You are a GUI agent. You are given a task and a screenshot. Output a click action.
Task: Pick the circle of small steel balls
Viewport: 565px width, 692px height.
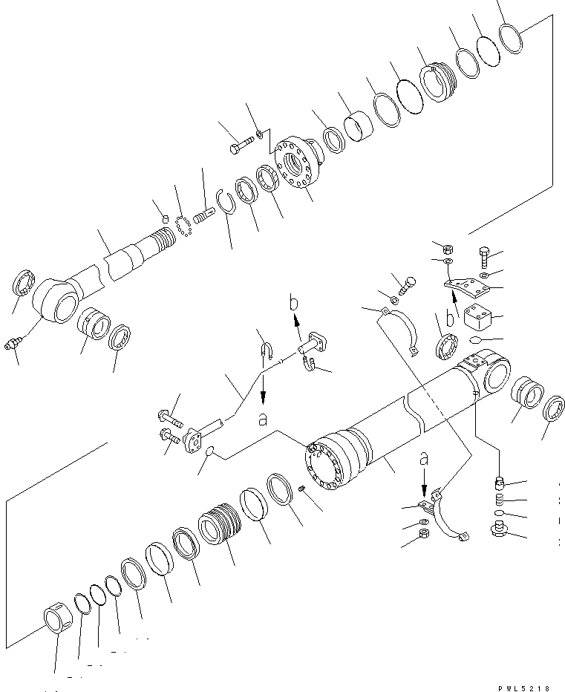(183, 224)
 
